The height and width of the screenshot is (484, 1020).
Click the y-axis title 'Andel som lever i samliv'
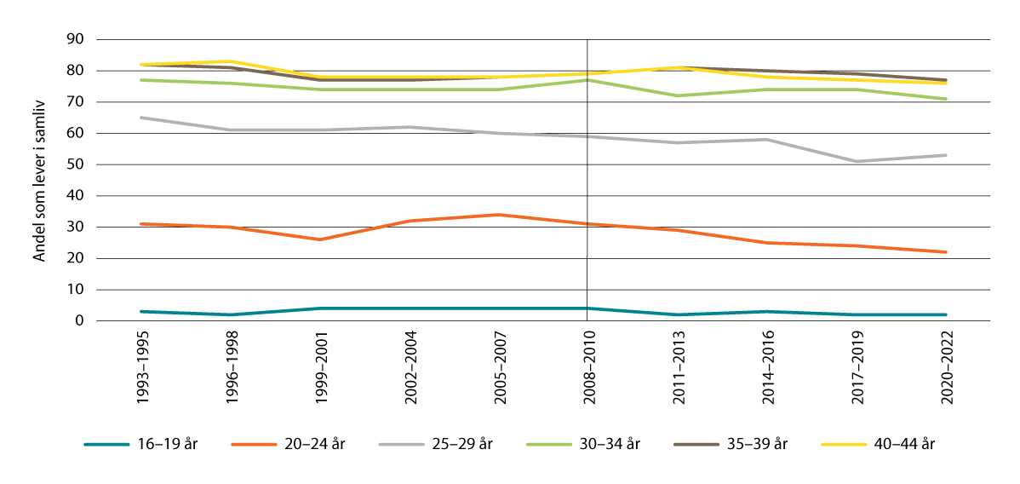click(x=39, y=179)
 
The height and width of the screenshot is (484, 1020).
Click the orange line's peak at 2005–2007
click(x=498, y=215)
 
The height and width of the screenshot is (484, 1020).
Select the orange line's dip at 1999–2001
click(x=319, y=239)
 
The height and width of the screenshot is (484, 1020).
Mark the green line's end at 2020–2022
click(x=945, y=99)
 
